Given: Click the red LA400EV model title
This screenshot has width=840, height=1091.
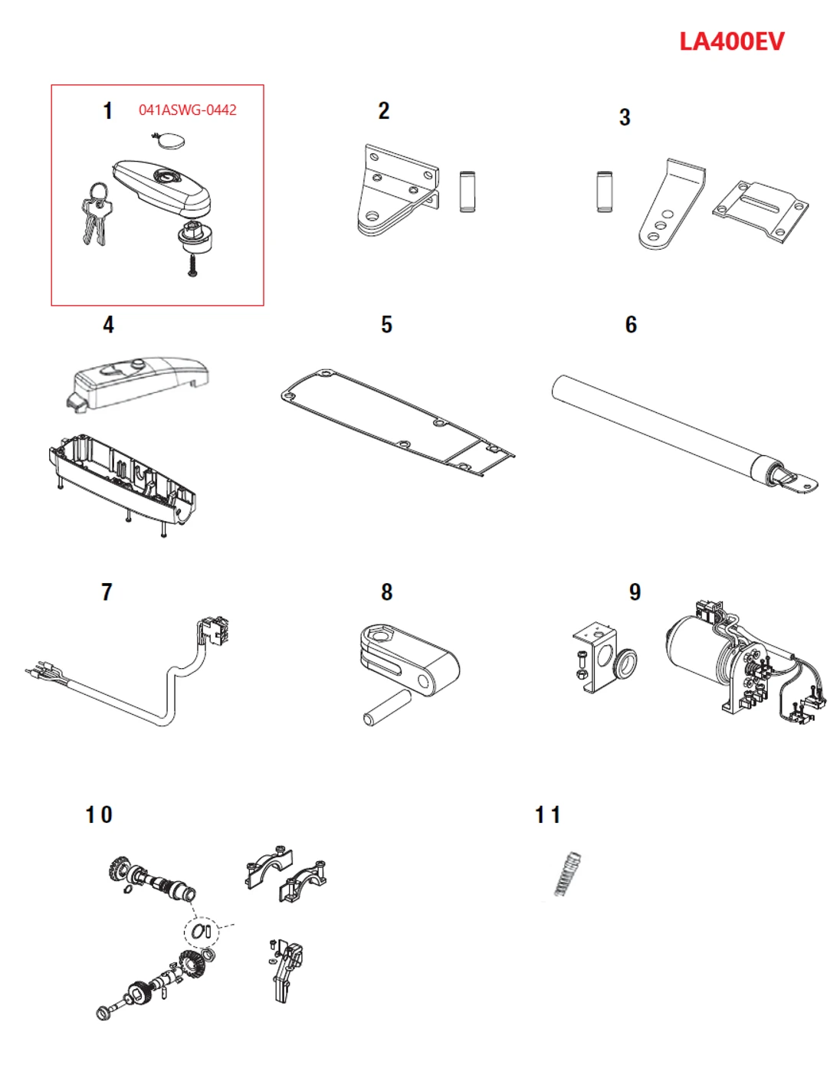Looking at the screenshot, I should coord(731,41).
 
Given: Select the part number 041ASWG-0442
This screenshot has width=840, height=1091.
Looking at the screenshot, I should coord(187,110).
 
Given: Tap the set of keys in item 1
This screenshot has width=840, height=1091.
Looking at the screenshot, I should coord(97,214).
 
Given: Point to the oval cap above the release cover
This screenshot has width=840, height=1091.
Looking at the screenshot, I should coord(169,141).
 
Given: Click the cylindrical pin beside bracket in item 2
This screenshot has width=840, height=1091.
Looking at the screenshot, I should coord(467,191).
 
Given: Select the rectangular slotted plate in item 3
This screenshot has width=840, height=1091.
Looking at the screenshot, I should coord(760,211).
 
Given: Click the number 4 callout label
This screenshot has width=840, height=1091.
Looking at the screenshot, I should coord(108,325).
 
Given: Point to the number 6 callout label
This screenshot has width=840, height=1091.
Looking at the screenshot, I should coord(631,325).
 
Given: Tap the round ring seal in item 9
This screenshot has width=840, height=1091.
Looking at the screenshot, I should coord(625,663).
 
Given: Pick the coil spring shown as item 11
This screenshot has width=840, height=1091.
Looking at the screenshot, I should coord(568,873).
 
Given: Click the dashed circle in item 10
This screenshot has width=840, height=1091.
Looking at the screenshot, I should coord(202,931).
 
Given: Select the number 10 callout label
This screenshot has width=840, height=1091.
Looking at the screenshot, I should coord(99,815).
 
